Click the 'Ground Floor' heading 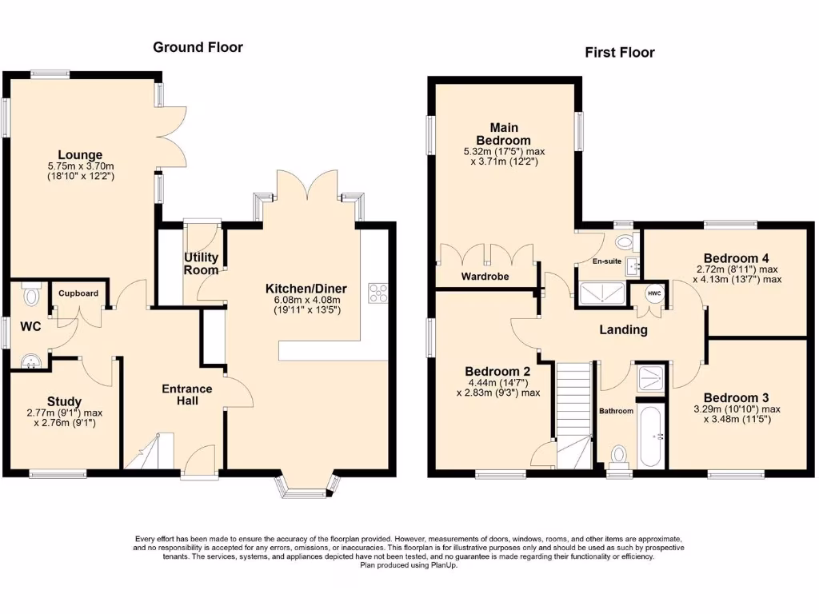pos(198,47)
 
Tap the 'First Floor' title pos(619,53)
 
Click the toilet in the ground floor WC pos(31,295)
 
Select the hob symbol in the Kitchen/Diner pos(377,293)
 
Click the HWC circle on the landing pos(654,293)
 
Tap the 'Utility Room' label pos(202,263)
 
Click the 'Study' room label pos(64,401)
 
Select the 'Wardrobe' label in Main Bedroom pos(485,277)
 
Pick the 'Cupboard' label pos(78,293)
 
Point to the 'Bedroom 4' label pos(737,258)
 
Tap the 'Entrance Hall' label pos(187,394)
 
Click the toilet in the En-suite pos(624,241)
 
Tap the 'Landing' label pos(623,329)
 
